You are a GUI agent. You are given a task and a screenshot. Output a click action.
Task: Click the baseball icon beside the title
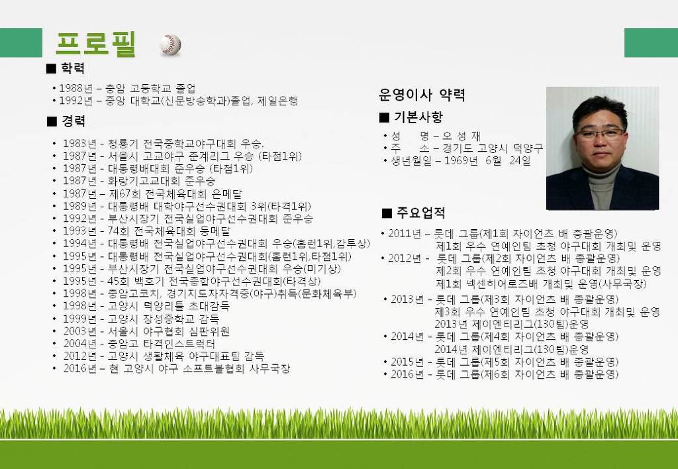point(170,44)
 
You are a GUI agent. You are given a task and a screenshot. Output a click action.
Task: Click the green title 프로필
point(96,44)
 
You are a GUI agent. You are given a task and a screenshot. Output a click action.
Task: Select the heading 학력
point(73,68)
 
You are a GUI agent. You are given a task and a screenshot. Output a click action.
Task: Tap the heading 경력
point(73,121)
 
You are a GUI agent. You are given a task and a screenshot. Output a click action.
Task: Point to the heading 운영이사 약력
point(422,95)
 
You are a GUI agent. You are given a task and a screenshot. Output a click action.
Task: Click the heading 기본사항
point(418,117)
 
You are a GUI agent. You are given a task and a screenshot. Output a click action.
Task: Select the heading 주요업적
point(420,213)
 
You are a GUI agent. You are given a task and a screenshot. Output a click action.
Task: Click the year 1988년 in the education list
point(75,88)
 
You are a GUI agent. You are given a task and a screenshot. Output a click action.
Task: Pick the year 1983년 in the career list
point(79,144)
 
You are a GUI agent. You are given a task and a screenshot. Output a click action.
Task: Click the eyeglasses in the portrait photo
point(600,133)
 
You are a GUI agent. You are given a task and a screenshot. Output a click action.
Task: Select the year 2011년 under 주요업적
point(405,234)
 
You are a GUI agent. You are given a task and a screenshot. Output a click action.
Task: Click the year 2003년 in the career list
point(80,331)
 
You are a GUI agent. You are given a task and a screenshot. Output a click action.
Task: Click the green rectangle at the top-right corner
point(652,42)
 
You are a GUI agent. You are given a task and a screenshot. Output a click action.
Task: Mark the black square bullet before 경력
point(52,122)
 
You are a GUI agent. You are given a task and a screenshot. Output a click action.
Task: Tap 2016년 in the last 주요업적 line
point(407,374)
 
